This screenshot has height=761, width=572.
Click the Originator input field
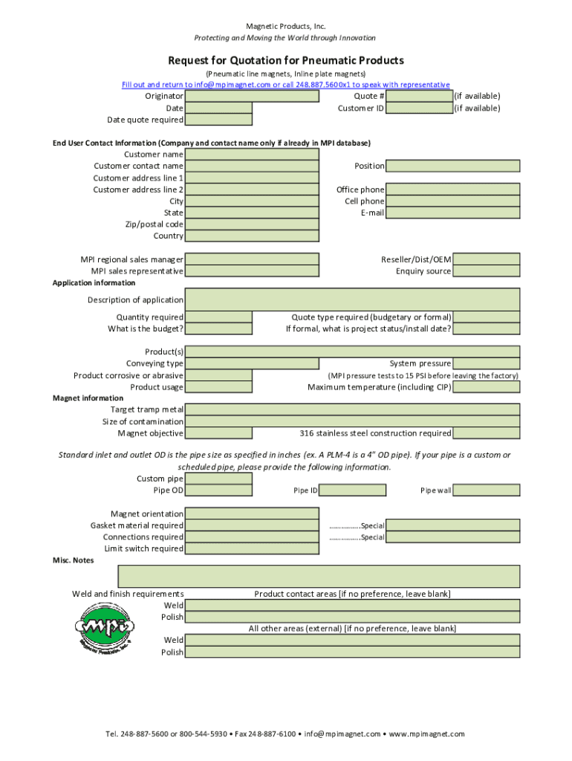pyautogui.click(x=218, y=96)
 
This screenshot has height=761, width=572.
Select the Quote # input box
pyautogui.click(x=419, y=96)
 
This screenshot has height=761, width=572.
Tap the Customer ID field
pyautogui.click(x=419, y=108)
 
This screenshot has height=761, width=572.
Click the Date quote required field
pyautogui.click(x=218, y=120)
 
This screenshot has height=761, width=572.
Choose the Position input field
pyautogui.click(x=452, y=166)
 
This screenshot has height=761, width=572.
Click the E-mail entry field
pyautogui.click(x=452, y=213)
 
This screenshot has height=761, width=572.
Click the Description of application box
pyautogui.click(x=352, y=299)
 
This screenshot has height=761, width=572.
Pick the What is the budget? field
pyautogui.click(x=218, y=328)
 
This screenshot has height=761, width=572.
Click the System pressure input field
pyautogui.click(x=486, y=363)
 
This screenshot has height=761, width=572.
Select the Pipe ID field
pyautogui.click(x=353, y=490)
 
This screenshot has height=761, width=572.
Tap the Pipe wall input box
pyautogui.click(x=486, y=490)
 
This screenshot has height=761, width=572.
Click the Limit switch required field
pyautogui.click(x=218, y=548)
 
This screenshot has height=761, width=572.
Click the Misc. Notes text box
pyautogui.click(x=319, y=577)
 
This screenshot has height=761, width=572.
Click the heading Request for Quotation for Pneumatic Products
pyautogui.click(x=286, y=60)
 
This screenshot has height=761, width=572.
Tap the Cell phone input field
pyautogui.click(x=452, y=201)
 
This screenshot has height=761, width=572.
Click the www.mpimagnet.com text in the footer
pyautogui.click(x=426, y=734)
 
